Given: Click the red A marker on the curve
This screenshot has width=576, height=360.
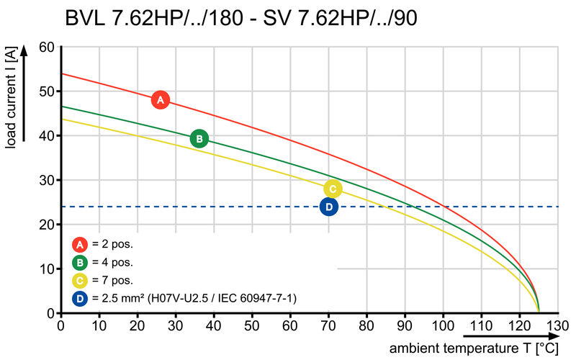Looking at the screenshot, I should (x=161, y=100).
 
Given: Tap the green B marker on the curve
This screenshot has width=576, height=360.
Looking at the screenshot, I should (x=199, y=139).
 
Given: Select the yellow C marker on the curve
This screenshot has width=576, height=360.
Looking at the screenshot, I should (x=332, y=189).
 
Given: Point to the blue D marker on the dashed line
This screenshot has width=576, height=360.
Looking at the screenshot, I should (x=329, y=207).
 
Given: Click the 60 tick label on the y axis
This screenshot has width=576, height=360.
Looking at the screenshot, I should (x=47, y=47).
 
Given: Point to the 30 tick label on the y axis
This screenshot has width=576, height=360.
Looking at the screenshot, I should (x=47, y=180).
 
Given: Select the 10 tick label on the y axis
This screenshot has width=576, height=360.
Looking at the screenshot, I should (x=47, y=269).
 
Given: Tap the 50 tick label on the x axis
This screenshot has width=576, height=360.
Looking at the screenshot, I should (x=252, y=324).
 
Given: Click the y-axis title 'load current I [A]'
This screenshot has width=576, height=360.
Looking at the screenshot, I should (x=10, y=99).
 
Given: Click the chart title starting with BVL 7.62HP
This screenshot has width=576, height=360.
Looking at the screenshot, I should (x=241, y=17).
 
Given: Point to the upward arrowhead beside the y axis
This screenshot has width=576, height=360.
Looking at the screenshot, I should (x=25, y=50).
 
